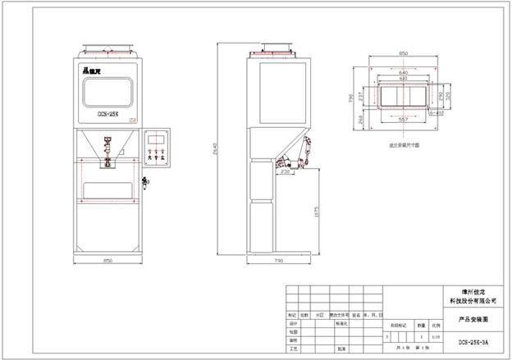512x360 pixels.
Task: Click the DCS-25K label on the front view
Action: (x=108, y=116)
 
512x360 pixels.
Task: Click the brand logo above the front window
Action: (x=93, y=71)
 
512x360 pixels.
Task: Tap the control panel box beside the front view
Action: (x=158, y=150)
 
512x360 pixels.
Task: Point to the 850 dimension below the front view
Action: (x=107, y=261)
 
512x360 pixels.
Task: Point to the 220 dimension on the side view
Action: (x=285, y=172)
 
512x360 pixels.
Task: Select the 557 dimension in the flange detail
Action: (x=403, y=120)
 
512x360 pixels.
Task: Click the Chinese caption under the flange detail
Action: (x=404, y=144)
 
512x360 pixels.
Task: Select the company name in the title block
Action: (x=474, y=297)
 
